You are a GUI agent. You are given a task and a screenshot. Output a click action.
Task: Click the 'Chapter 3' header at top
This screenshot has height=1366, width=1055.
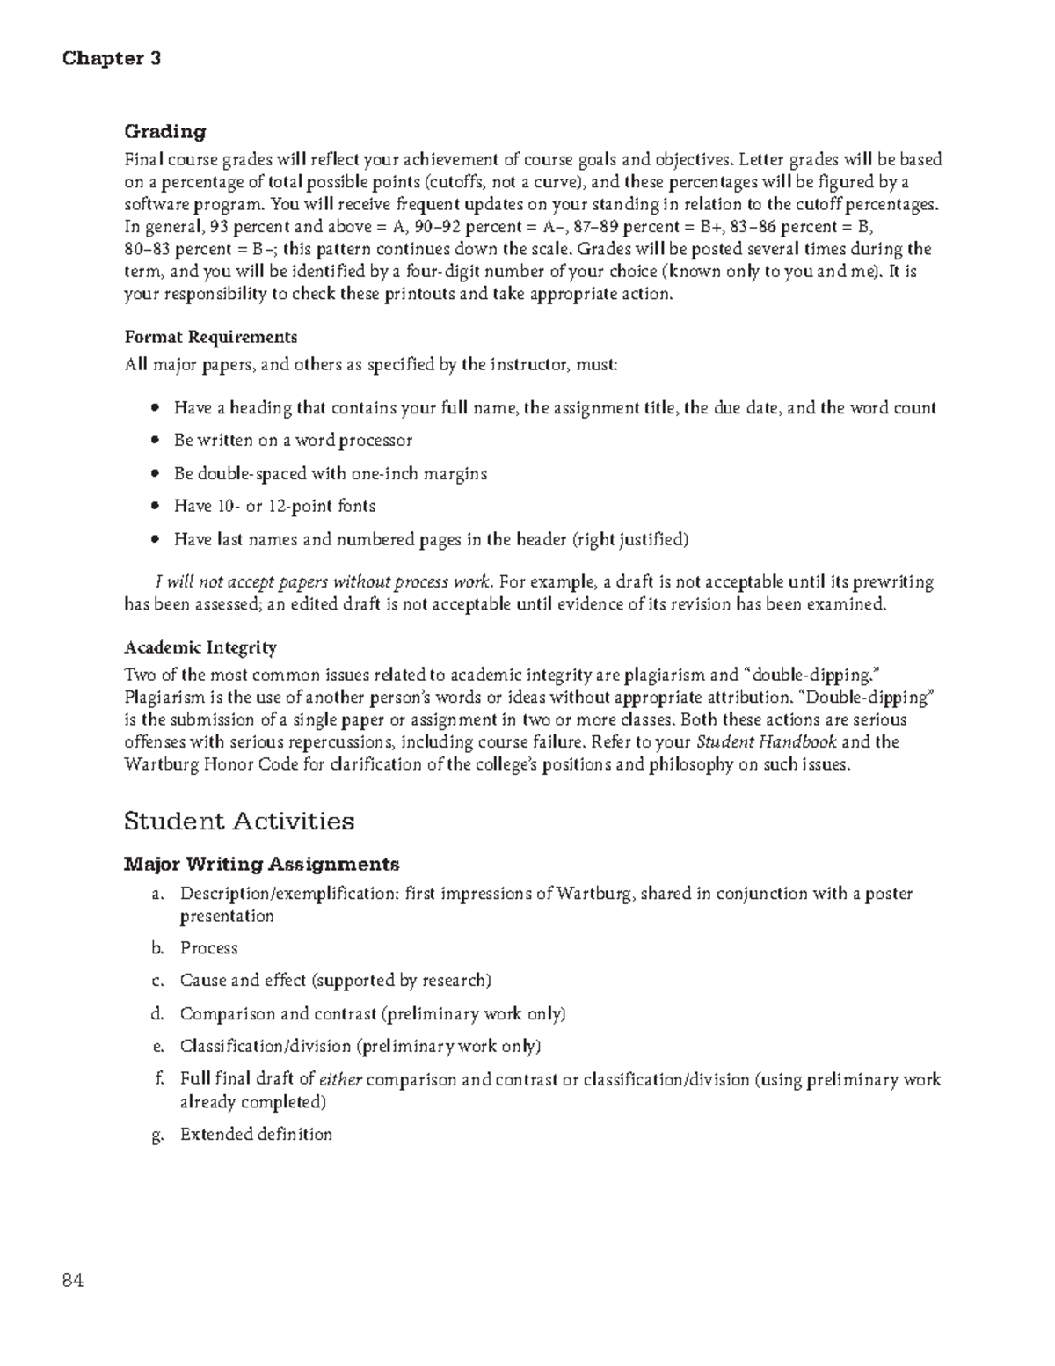click(x=111, y=59)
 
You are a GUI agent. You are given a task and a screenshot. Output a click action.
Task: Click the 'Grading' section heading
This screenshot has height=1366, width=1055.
click(x=164, y=132)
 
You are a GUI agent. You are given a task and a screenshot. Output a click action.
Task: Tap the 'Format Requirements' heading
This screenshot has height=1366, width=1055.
click(x=210, y=337)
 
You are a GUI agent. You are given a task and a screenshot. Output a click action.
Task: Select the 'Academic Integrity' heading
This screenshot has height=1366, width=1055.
click(x=200, y=647)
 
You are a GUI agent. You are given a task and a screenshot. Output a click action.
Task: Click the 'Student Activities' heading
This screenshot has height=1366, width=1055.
click(x=239, y=822)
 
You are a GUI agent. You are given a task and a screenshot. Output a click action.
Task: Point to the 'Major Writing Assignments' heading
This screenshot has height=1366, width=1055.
click(x=261, y=864)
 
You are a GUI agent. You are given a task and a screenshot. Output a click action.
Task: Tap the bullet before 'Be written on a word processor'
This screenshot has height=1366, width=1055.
click(x=156, y=440)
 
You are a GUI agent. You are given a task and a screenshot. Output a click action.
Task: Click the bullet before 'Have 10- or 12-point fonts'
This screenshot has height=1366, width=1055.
click(x=156, y=507)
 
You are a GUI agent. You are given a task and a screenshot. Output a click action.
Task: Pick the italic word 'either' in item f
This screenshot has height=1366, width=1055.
click(x=339, y=1080)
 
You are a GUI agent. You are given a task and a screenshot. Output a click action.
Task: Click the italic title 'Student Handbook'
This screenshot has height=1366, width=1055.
click(x=766, y=741)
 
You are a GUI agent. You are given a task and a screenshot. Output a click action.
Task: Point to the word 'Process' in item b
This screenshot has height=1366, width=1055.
click(x=209, y=948)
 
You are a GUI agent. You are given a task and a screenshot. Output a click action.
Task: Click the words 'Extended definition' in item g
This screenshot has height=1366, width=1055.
click(x=256, y=1135)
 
